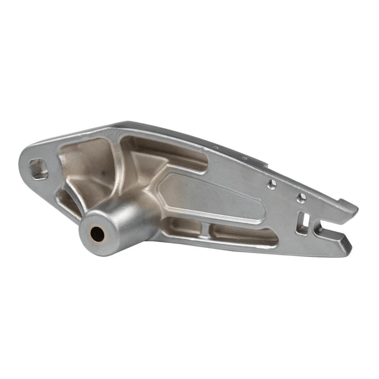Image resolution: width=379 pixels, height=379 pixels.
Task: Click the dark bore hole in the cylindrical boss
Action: (x=98, y=233)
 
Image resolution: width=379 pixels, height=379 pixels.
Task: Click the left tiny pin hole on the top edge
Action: (x=216, y=148)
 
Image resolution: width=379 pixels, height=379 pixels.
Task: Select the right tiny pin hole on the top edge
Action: (x=245, y=157)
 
